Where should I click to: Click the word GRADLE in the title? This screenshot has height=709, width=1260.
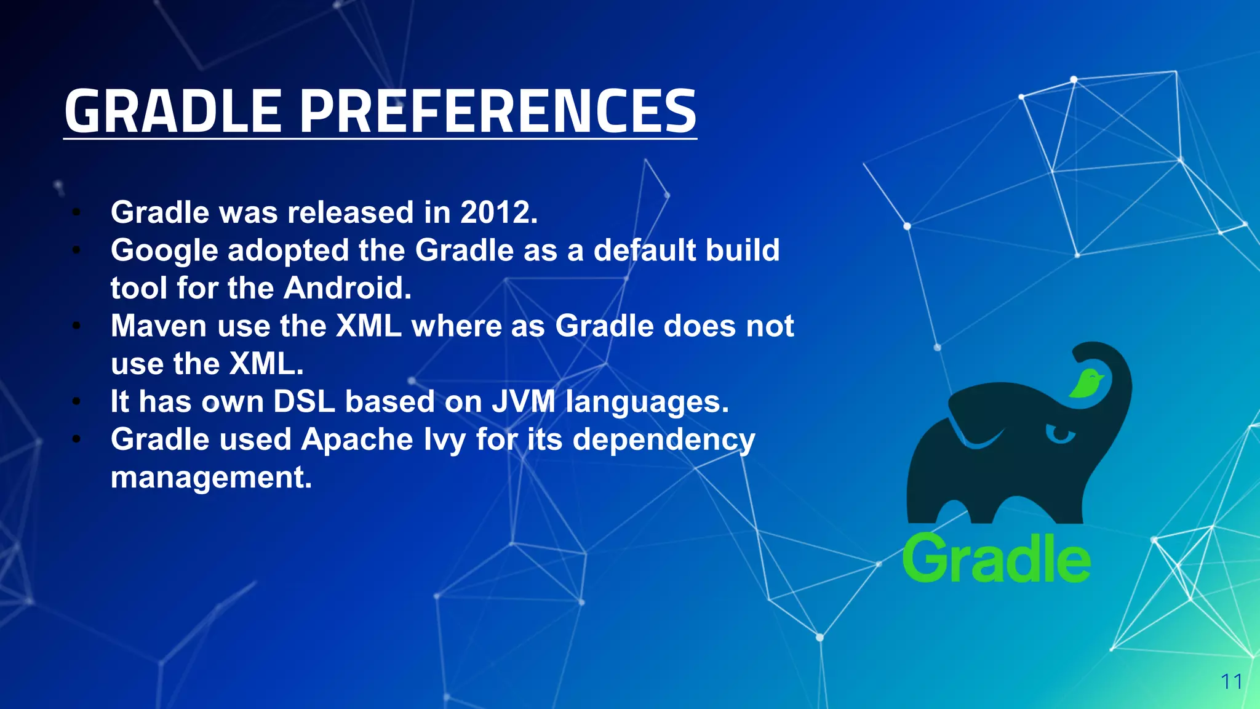pyautogui.click(x=173, y=111)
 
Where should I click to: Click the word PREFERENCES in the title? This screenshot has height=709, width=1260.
pyautogui.click(x=498, y=111)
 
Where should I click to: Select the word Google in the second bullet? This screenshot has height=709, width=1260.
pyautogui.click(x=164, y=251)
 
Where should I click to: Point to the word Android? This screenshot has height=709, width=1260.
pyautogui.click(x=347, y=288)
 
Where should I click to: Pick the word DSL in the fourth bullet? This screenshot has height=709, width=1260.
pyautogui.click(x=304, y=402)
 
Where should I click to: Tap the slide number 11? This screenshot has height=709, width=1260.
pyautogui.click(x=1231, y=682)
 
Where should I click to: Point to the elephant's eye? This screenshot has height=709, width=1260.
pyautogui.click(x=1059, y=434)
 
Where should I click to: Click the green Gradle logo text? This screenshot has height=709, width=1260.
pyautogui.click(x=995, y=558)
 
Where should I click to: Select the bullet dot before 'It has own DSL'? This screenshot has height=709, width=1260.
pyautogui.click(x=76, y=402)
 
